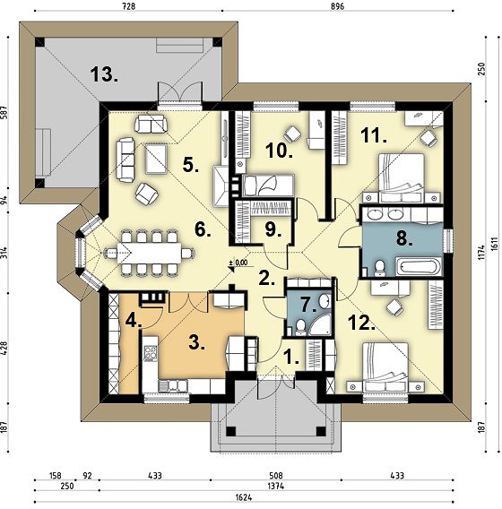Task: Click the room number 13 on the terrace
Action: (x=104, y=74)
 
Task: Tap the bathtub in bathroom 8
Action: (x=419, y=267)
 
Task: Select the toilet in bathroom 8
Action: (x=379, y=268)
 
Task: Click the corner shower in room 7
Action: (x=320, y=324)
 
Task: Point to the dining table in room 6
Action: (x=149, y=253)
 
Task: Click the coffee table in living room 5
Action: (x=157, y=159)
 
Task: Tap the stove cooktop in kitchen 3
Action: (x=151, y=353)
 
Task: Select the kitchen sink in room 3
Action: (x=173, y=385)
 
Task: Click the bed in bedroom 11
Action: (x=402, y=178)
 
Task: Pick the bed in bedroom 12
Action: (x=385, y=367)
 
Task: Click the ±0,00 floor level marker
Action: (x=238, y=263)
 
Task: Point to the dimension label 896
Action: (x=338, y=6)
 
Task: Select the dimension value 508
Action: (x=276, y=476)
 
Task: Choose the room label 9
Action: (x=273, y=229)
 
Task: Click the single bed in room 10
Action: (x=268, y=185)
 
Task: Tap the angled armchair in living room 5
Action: (x=147, y=194)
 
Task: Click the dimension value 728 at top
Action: (x=128, y=6)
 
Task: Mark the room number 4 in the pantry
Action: (x=134, y=321)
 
